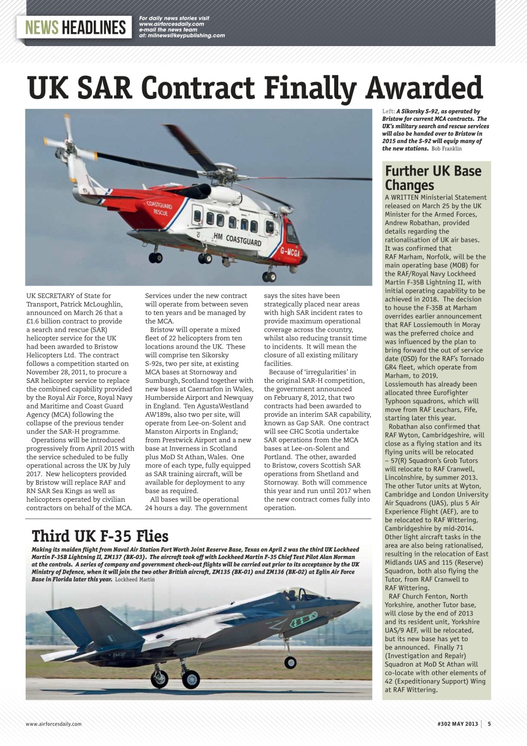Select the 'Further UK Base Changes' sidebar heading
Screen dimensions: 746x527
click(x=433, y=178)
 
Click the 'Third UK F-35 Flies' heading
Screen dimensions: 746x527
click(x=100, y=536)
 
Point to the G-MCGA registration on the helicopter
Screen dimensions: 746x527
click(x=289, y=252)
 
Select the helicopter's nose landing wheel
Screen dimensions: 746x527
click(x=269, y=276)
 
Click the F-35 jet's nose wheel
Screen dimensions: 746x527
click(x=290, y=662)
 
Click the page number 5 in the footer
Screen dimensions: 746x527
click(x=489, y=724)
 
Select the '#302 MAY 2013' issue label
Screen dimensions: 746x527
click(x=457, y=724)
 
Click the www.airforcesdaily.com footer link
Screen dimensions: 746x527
click(x=54, y=724)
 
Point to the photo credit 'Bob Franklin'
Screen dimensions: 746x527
click(x=447, y=149)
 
